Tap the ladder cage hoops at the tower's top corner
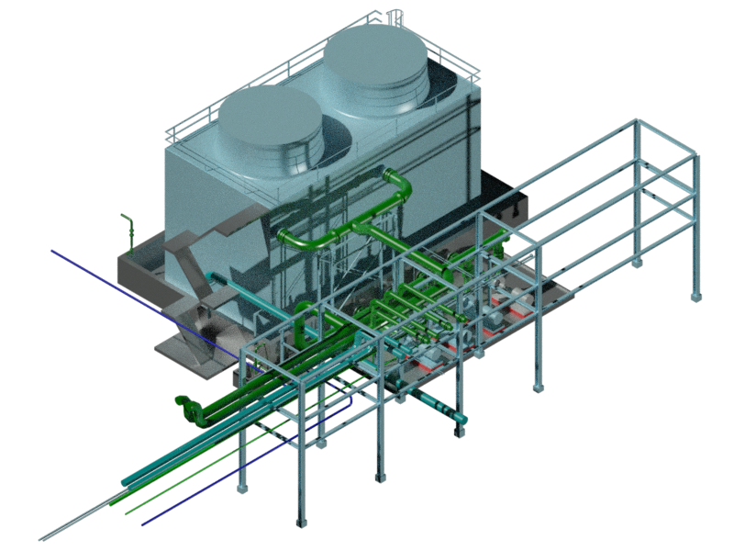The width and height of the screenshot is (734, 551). (395, 16)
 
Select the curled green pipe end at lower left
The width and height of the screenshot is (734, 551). (184, 405)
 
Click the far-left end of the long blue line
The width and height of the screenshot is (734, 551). (52, 250)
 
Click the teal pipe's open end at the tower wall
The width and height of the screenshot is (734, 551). (213, 276)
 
